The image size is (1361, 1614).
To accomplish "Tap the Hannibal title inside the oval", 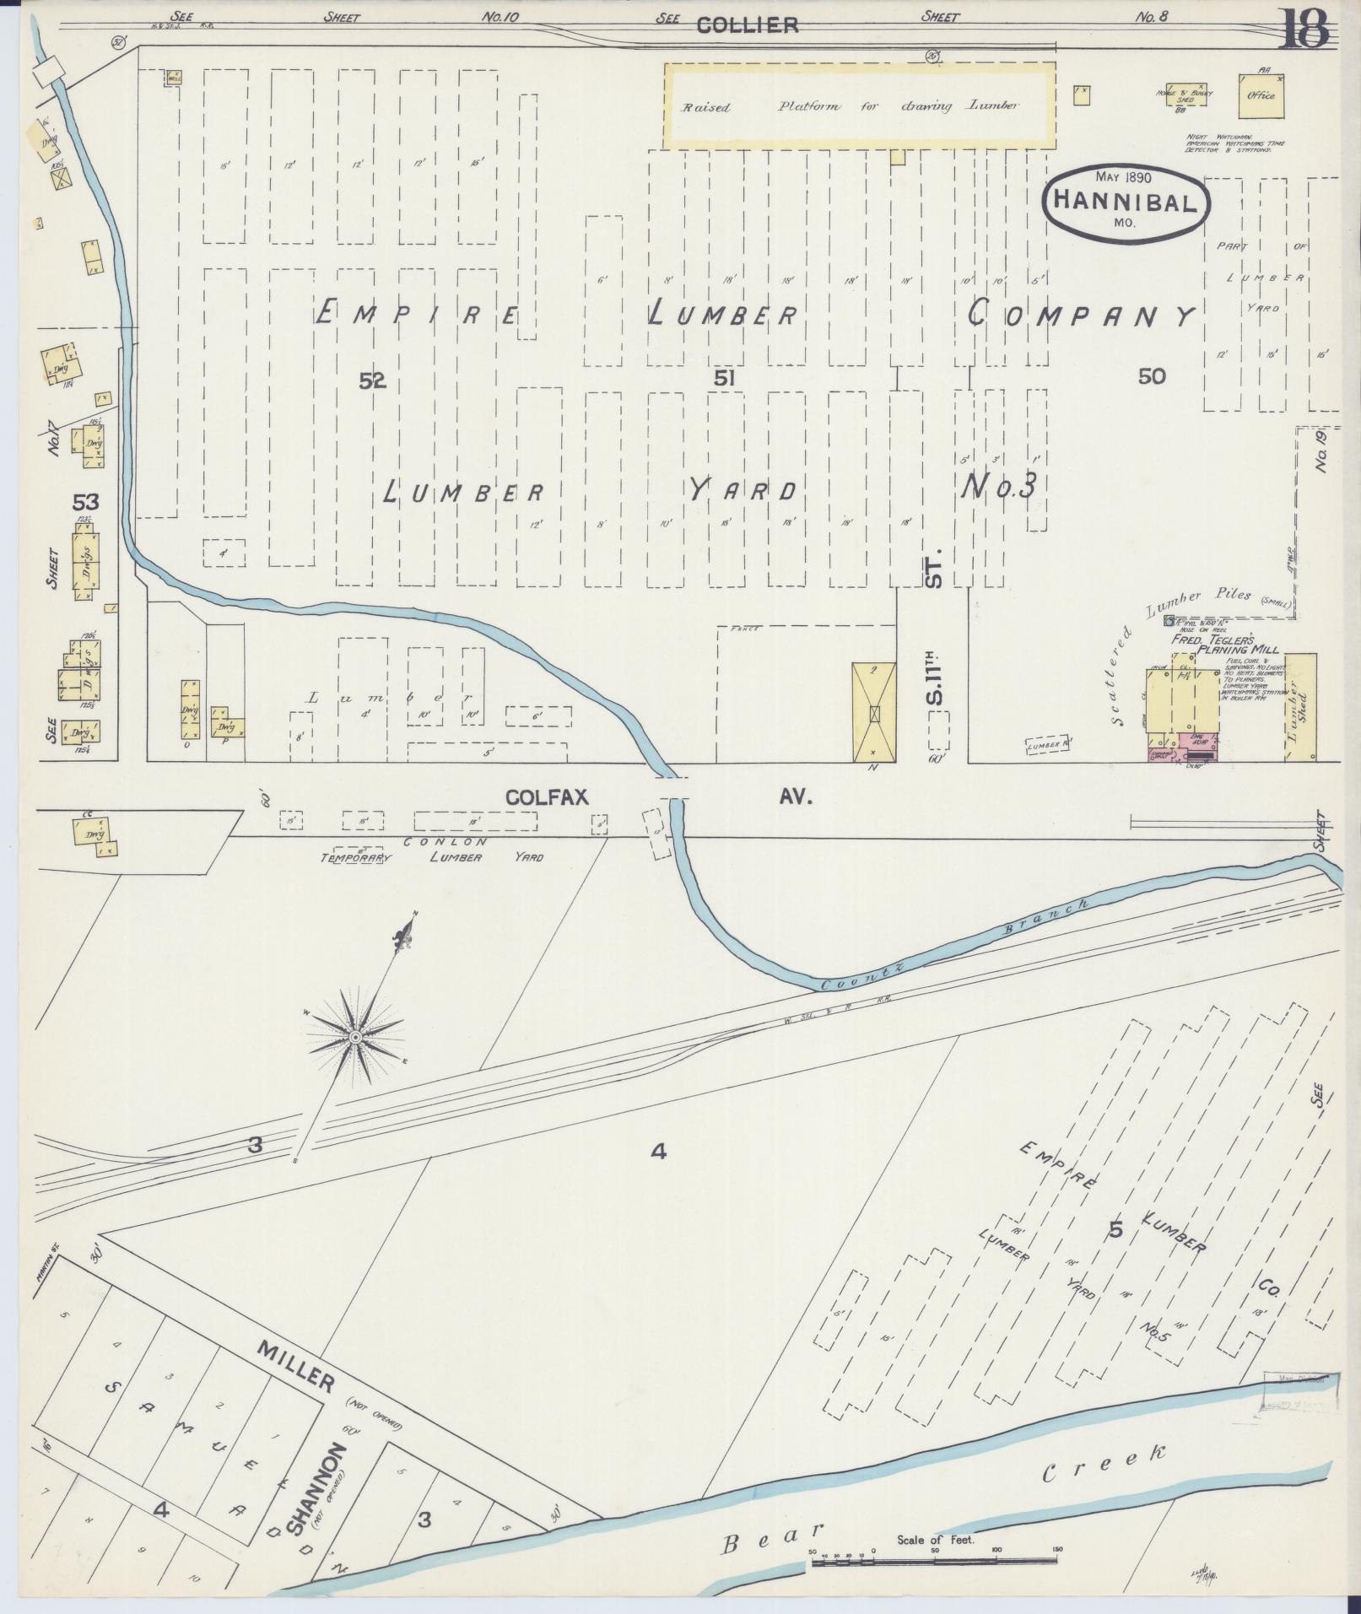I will click(x=1126, y=202).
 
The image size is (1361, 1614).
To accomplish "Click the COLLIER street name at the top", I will click(x=748, y=25).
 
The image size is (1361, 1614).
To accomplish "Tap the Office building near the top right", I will click(x=1261, y=94).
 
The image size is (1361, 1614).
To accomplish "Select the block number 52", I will click(x=372, y=381).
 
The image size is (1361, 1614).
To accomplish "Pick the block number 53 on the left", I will click(x=86, y=502).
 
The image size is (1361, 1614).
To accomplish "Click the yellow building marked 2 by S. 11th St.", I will click(x=875, y=711).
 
